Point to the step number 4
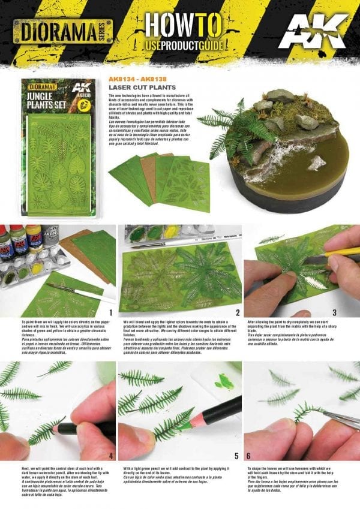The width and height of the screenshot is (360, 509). [109, 448]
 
